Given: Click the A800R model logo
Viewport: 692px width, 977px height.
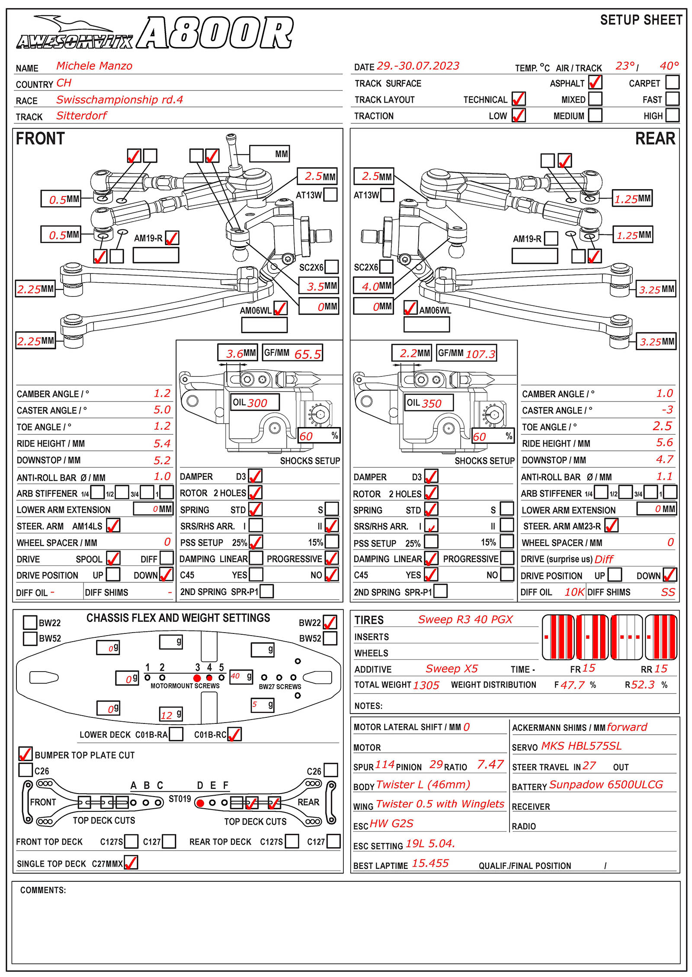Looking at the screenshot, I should click(215, 33).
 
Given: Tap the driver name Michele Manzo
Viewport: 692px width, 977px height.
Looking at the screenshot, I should click(94, 66).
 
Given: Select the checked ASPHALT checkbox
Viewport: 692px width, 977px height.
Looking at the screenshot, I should click(595, 82).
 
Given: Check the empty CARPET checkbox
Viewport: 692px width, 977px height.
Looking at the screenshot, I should click(672, 82).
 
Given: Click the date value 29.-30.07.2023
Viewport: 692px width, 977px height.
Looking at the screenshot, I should click(417, 66).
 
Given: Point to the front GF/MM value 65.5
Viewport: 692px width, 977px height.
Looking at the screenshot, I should click(308, 354).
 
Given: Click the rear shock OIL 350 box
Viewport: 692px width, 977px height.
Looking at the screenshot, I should click(429, 403).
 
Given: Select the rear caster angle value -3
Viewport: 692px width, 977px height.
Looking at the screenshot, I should click(667, 410).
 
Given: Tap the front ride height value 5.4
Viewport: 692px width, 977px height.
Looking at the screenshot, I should click(162, 443).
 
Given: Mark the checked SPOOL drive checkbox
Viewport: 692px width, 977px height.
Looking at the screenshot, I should click(113, 558).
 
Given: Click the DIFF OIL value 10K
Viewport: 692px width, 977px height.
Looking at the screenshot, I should click(574, 592).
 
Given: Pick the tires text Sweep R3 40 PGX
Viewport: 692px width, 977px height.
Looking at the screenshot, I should click(465, 620).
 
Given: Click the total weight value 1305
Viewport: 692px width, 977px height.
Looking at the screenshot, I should click(426, 685).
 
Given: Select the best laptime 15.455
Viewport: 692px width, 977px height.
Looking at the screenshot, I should click(430, 863).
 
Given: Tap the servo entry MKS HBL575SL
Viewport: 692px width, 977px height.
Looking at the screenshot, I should click(581, 746).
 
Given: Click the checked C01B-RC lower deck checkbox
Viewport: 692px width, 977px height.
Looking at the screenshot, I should click(234, 734).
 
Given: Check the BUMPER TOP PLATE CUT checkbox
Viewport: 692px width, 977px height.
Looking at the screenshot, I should click(26, 754).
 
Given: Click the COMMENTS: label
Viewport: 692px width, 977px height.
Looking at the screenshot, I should click(43, 890).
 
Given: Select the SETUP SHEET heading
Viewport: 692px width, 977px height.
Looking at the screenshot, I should click(641, 20).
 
